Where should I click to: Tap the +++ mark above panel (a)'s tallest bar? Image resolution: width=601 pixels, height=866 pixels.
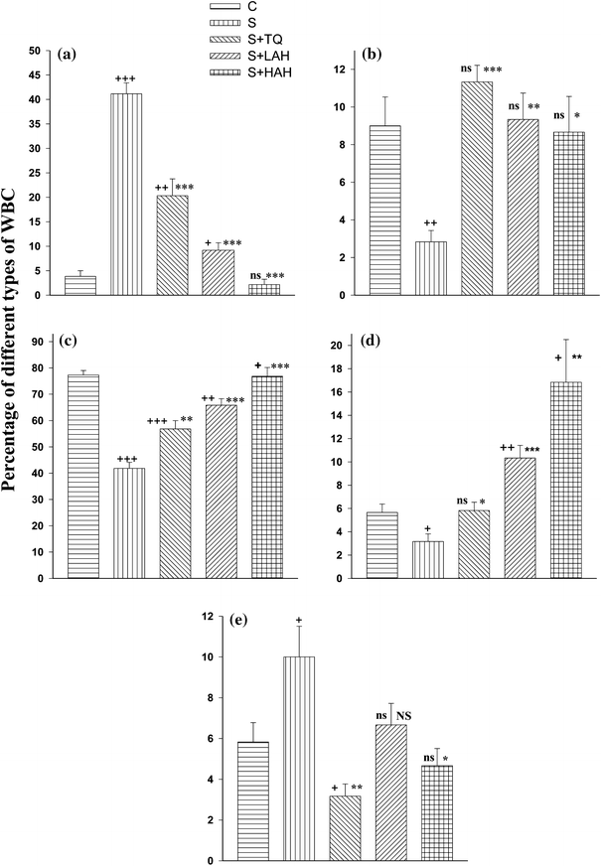tap(125, 78)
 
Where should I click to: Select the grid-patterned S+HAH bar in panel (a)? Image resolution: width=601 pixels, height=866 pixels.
tap(264, 290)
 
